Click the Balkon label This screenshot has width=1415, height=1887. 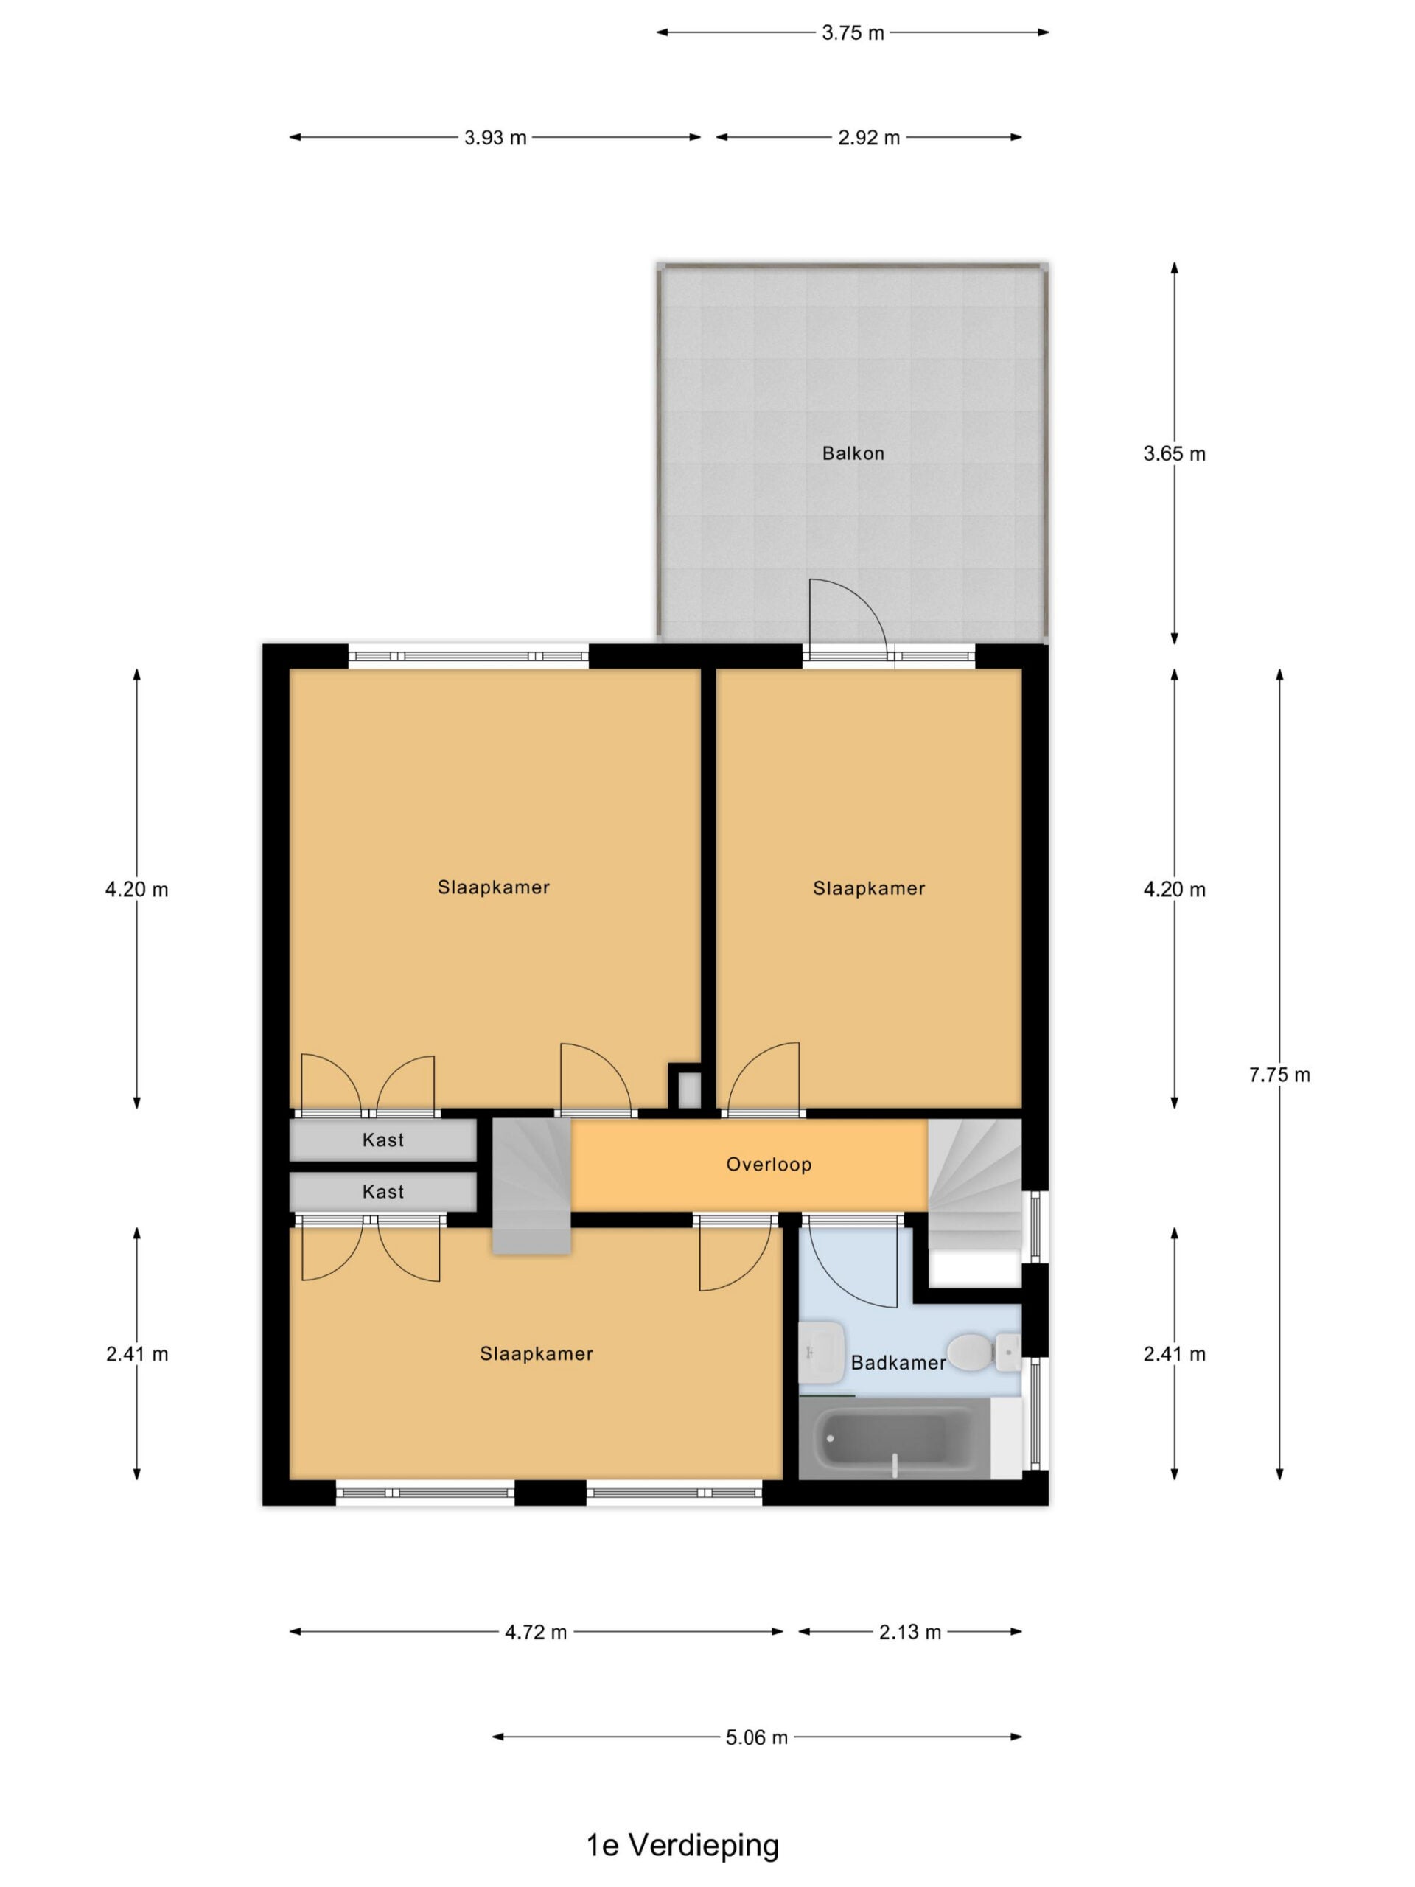click(852, 453)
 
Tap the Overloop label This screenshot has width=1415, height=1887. click(769, 1165)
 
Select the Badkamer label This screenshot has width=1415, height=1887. click(898, 1362)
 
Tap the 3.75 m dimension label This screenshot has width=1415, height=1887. click(852, 32)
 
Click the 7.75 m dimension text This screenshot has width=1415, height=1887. click(1279, 1075)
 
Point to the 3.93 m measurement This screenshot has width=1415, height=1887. click(495, 137)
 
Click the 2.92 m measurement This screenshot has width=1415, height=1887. click(868, 137)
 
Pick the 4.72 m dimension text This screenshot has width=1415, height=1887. click(536, 1632)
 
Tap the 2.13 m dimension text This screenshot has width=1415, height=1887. click(910, 1632)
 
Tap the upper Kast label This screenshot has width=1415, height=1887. click(383, 1140)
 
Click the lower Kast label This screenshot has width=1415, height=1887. click(383, 1192)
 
